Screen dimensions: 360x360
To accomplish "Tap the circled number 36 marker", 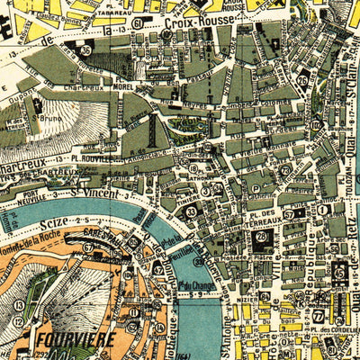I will click(85, 50).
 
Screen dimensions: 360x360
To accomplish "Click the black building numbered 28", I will click(262, 238).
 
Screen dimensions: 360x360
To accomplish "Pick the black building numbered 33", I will click(191, 212).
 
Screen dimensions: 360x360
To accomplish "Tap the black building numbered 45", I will click(340, 269).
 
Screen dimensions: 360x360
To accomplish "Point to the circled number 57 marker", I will click(290, 214).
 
